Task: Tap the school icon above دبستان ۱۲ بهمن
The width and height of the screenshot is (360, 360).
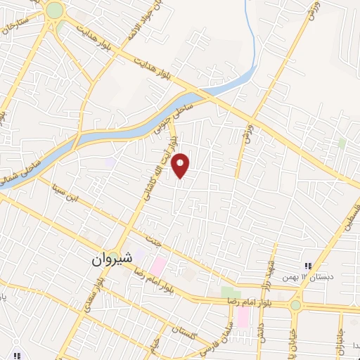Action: [307, 266]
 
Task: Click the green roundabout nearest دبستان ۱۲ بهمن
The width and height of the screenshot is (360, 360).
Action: [296, 304]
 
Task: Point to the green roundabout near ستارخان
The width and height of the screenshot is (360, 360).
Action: [53, 11]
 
